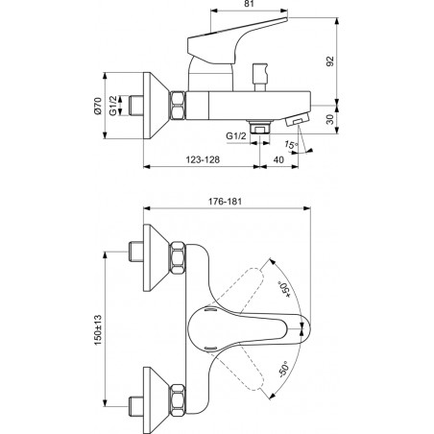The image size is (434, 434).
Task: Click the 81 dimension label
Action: tap(249, 4)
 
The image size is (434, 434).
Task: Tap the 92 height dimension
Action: tap(330, 61)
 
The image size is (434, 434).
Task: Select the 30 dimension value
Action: tap(330, 119)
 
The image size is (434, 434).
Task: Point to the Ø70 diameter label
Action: tap(97, 106)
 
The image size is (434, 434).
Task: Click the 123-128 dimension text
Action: tap(203, 159)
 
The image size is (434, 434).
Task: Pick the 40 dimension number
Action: tap(278, 159)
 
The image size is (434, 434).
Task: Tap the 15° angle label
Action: tap(291, 145)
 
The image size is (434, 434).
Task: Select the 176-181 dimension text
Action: tap(225, 202)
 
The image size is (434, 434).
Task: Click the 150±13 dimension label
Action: tap(98, 330)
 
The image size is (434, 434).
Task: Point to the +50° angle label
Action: tap(284, 290)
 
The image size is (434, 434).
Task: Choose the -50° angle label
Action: tap(283, 369)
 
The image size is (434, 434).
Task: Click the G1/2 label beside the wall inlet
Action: tap(113, 106)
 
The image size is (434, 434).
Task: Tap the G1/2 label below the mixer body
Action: tap(236, 136)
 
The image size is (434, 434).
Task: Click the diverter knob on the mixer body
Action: tap(259, 77)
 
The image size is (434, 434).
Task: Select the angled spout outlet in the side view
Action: tap(297, 120)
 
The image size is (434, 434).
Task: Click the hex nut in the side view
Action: tap(178, 106)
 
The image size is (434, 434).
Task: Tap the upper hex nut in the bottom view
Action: tap(178, 258)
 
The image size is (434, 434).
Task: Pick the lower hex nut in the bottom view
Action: tap(178, 400)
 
